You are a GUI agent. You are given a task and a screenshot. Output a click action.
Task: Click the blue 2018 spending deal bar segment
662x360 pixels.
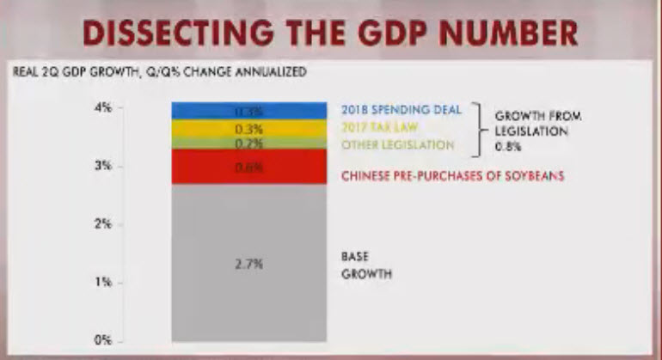click(x=248, y=111)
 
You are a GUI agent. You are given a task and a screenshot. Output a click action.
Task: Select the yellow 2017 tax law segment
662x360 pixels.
click(x=248, y=128)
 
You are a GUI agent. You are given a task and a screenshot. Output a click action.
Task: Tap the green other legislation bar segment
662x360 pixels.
click(x=248, y=143)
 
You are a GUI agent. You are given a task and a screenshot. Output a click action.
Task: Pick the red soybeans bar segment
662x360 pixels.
click(x=248, y=167)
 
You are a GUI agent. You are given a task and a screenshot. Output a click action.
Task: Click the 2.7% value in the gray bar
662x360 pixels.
click(x=248, y=265)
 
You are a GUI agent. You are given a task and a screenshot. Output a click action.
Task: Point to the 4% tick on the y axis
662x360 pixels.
click(x=102, y=107)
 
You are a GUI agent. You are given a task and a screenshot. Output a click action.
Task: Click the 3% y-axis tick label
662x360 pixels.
click(x=102, y=166)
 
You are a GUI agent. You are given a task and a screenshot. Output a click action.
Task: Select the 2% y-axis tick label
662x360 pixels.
click(x=102, y=224)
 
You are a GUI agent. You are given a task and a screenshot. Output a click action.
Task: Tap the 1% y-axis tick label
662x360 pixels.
click(x=102, y=282)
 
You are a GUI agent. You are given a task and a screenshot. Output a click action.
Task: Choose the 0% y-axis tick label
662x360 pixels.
click(x=102, y=340)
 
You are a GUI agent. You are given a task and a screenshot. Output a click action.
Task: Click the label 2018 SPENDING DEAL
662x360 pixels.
click(x=401, y=110)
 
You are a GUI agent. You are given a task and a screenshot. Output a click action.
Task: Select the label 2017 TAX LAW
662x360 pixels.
click(x=378, y=128)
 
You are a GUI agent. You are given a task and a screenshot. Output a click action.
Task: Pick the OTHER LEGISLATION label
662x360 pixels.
click(x=397, y=145)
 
